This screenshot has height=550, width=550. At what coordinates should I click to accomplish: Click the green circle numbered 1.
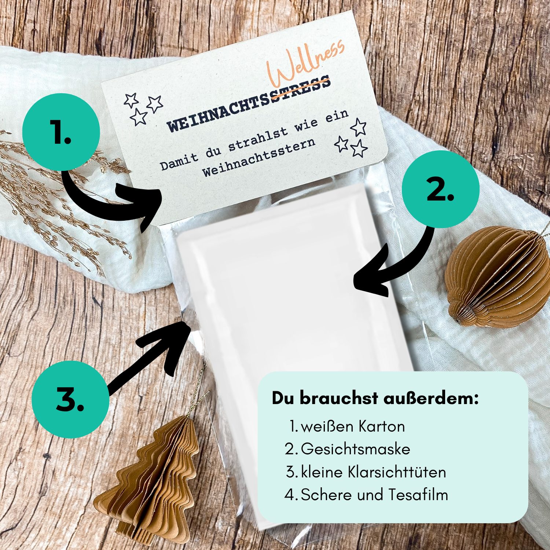61,132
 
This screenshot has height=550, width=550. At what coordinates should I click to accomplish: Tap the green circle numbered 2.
440,189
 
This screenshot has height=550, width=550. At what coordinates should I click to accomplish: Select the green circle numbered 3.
70,399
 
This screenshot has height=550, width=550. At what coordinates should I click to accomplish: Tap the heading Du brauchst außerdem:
375,398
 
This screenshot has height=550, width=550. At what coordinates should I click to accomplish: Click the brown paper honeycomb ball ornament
498,276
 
